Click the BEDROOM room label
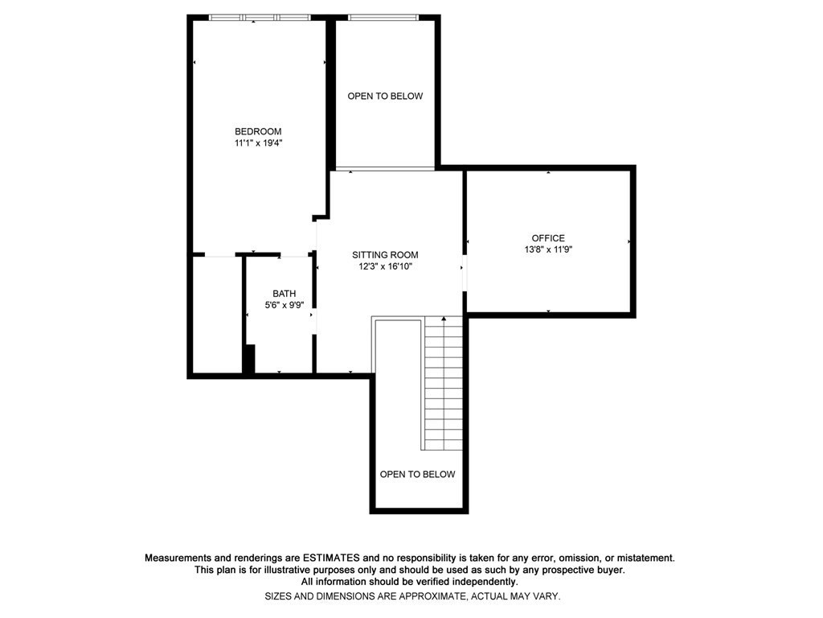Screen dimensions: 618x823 [258, 131]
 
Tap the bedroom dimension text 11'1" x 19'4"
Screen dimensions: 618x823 [258, 143]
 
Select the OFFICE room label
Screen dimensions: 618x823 [548, 238]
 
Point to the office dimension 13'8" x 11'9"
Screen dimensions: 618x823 [548, 249]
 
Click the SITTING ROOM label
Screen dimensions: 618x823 [385, 255]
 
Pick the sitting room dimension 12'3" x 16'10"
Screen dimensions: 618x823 [385, 266]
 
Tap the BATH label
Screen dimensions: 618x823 [284, 294]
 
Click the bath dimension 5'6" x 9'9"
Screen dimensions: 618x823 [284, 305]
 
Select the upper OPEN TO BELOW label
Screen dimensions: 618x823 [385, 97]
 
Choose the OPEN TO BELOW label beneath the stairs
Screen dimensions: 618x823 [417, 474]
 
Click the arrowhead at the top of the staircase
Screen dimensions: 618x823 [444, 319]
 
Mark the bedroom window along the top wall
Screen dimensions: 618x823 [259, 17]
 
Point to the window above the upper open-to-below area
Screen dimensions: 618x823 [383, 17]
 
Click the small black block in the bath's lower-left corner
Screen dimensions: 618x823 [249, 359]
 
